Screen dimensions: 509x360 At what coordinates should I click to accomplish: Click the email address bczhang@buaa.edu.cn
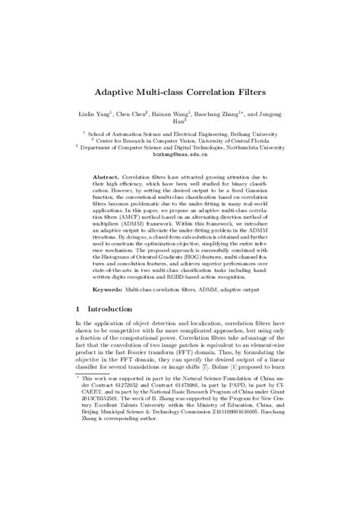[x=180, y=153]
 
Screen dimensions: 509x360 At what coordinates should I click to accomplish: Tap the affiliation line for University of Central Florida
[x=180, y=140]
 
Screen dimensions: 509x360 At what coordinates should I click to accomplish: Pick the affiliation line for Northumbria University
[x=180, y=147]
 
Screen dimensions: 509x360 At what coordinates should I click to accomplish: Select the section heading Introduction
[x=110, y=309]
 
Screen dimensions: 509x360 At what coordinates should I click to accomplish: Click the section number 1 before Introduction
[x=78, y=309]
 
